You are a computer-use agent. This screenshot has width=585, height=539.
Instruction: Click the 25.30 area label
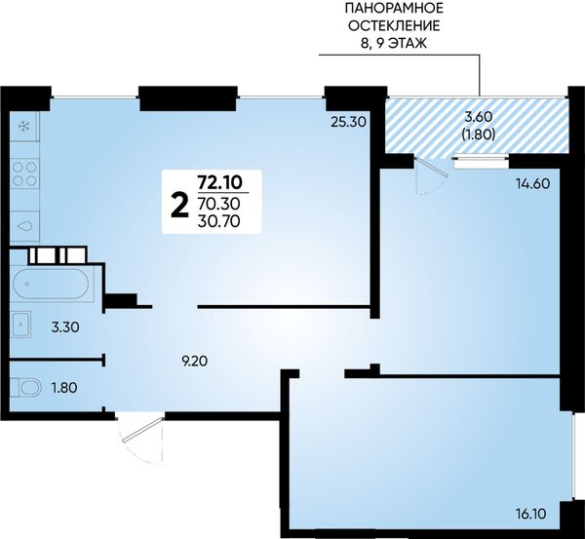pyautogui.click(x=348, y=122)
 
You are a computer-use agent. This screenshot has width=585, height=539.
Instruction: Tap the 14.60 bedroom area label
pyautogui.click(x=532, y=183)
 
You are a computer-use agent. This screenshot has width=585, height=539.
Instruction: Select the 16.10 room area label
pyautogui.click(x=531, y=514)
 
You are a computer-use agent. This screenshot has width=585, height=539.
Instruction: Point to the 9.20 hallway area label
pyautogui.click(x=194, y=361)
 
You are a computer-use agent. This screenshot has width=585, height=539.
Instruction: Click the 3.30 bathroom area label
pyautogui.click(x=65, y=327)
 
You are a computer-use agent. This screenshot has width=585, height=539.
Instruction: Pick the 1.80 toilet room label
pyautogui.click(x=64, y=388)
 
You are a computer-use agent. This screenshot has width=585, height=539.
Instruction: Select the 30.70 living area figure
pyautogui.click(x=219, y=221)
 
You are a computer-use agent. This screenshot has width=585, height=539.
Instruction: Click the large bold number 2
pyautogui.click(x=179, y=207)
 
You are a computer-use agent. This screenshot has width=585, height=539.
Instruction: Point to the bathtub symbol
pyautogui.click(x=51, y=284)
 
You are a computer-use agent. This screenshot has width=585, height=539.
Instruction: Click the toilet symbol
pyautogui.click(x=25, y=387)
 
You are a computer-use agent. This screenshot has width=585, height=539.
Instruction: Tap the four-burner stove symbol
pyautogui.click(x=24, y=173)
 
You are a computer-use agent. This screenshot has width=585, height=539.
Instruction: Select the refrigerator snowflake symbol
pyautogui.click(x=24, y=127)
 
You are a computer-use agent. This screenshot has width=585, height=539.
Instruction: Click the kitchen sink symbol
pyautogui.click(x=24, y=226)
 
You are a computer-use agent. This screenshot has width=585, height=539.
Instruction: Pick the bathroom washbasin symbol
pyautogui.click(x=20, y=325)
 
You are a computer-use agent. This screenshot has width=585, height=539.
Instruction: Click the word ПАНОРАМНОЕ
pyautogui.click(x=395, y=7)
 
